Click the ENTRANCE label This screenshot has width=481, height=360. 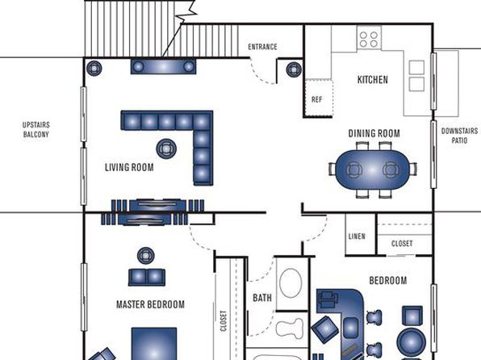[262, 47]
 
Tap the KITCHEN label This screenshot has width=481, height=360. [373, 80]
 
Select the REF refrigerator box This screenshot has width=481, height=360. [319, 98]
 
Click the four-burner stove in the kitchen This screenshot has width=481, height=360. [369, 37]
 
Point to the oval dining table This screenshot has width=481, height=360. [373, 170]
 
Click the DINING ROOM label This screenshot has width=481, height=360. [374, 133]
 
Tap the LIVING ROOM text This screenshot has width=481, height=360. [129, 167]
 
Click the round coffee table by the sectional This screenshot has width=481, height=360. [166, 149]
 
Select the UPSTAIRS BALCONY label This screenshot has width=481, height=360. [36, 129]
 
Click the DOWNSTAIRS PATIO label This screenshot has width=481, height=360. [459, 136]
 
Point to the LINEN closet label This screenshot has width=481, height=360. [357, 237]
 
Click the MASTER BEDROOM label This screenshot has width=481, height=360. [150, 304]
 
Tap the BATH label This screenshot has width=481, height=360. [262, 298]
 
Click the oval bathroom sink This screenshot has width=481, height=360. [291, 283]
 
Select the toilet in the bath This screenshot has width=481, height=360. [289, 329]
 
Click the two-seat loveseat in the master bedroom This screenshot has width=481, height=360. [147, 278]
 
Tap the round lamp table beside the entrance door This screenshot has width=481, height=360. [294, 69]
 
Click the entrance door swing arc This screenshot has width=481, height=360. [261, 74]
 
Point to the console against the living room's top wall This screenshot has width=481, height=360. [163, 66]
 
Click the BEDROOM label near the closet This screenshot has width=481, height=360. [388, 281]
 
